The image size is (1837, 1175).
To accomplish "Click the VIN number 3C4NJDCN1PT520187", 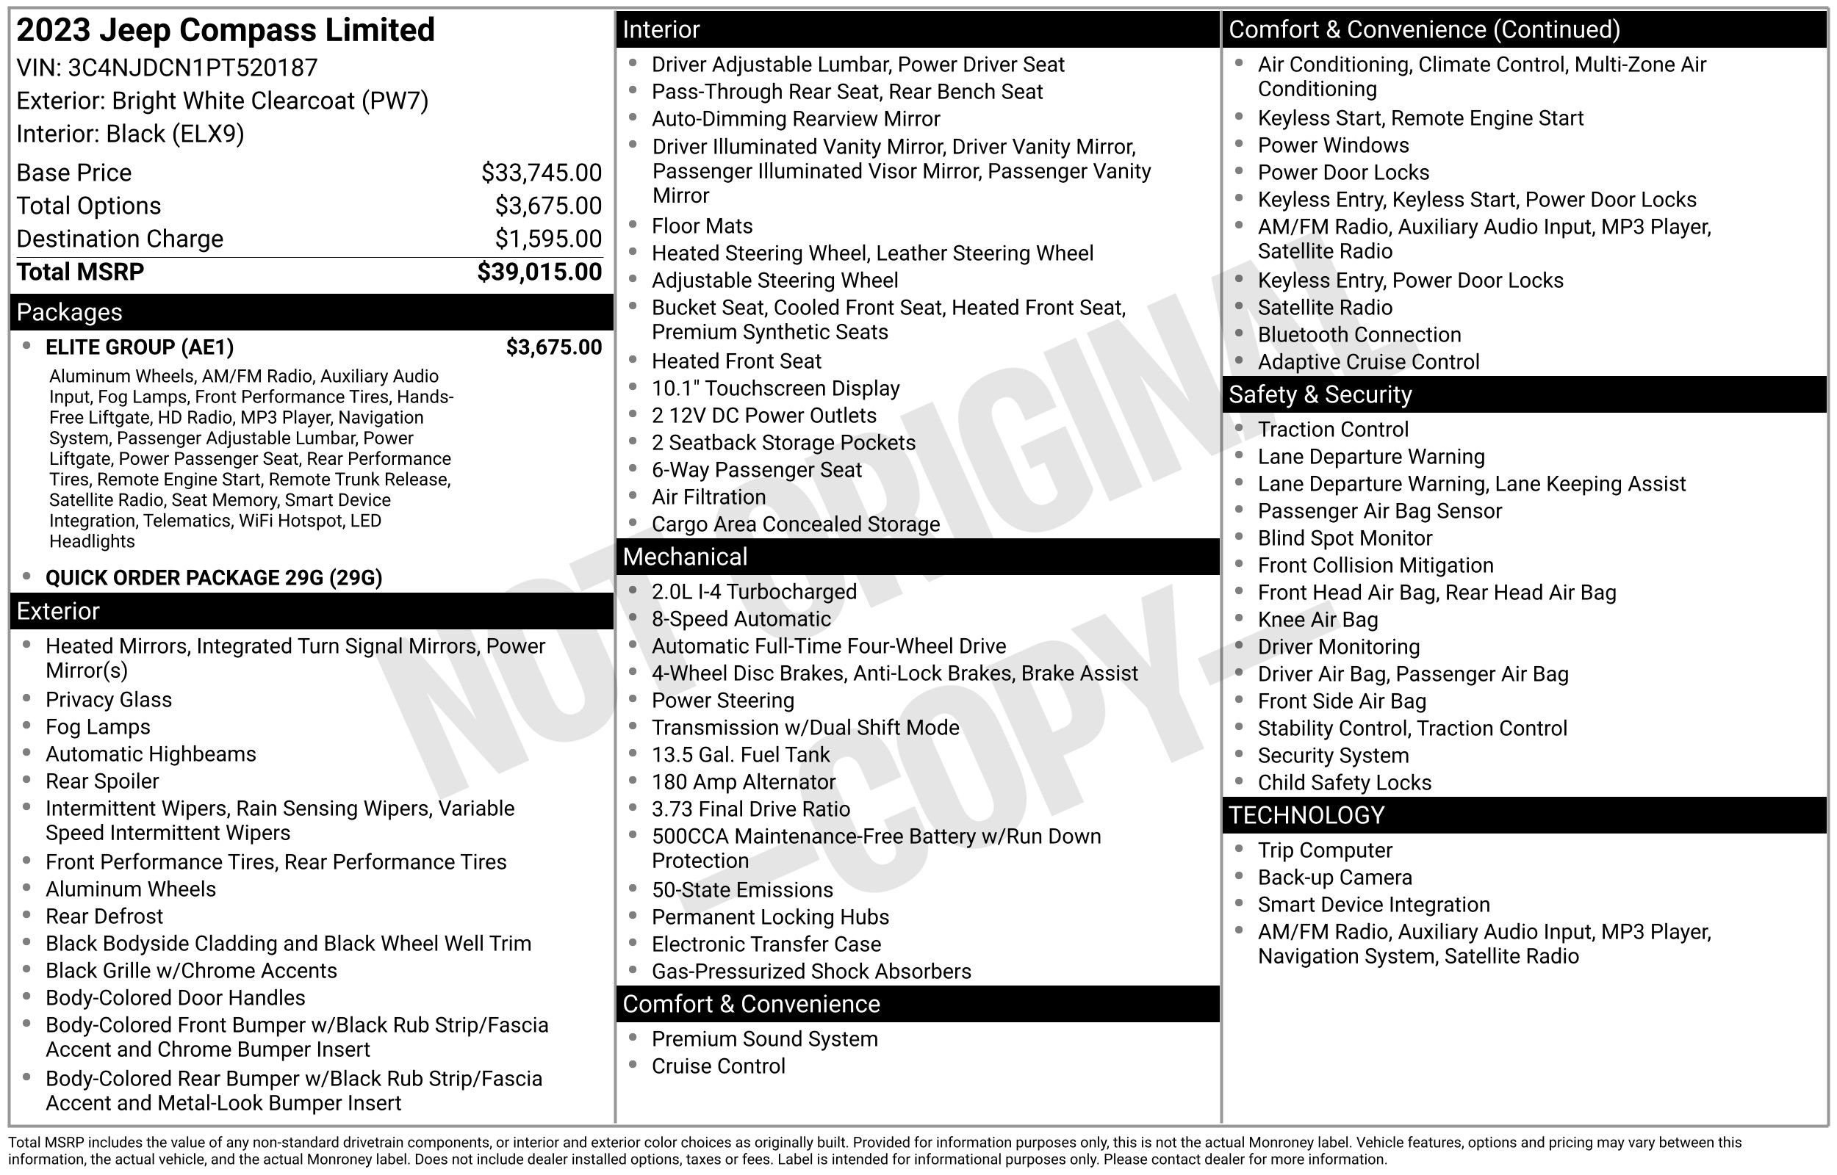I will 193,68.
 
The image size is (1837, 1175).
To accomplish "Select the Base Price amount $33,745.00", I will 541,173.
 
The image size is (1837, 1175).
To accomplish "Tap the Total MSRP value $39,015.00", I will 539,272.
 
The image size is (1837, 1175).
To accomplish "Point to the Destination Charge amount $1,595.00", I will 548,239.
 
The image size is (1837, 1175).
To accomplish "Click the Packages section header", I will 70,312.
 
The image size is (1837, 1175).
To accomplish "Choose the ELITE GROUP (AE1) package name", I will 140,348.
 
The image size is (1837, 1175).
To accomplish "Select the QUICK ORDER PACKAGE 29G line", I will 214,577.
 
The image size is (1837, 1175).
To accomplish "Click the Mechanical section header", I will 685,557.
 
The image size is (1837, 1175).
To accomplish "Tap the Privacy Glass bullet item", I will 108,700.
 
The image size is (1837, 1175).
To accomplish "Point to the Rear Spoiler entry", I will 102,781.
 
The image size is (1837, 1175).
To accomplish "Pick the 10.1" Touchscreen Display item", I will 775,388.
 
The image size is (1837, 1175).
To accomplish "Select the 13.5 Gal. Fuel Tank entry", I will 740,755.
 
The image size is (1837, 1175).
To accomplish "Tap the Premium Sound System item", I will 765,1039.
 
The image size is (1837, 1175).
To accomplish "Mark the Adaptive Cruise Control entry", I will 1368,361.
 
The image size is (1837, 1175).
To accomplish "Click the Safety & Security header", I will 1320,394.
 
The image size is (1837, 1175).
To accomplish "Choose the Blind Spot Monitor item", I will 1345,538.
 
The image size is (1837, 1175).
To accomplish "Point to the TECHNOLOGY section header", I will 1306,816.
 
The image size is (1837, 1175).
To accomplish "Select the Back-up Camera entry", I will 1335,878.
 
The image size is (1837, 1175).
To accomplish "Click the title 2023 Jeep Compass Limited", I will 225,31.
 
